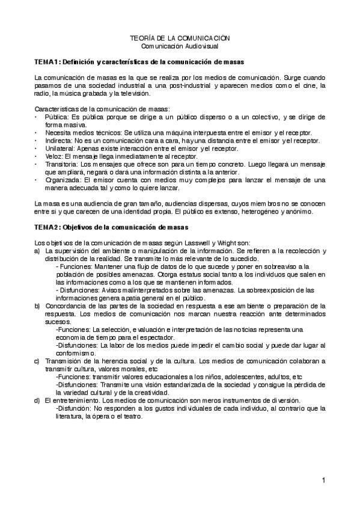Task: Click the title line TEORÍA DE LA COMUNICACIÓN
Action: (x=180, y=38)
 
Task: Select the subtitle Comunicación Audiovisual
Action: (x=180, y=46)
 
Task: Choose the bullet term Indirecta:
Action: (x=61, y=140)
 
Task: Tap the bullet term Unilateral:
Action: (x=61, y=147)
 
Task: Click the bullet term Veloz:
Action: (x=55, y=155)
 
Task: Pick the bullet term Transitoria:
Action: (x=63, y=163)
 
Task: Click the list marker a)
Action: (x=37, y=250)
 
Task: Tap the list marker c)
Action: (x=37, y=361)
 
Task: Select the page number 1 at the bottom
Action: (x=323, y=480)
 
